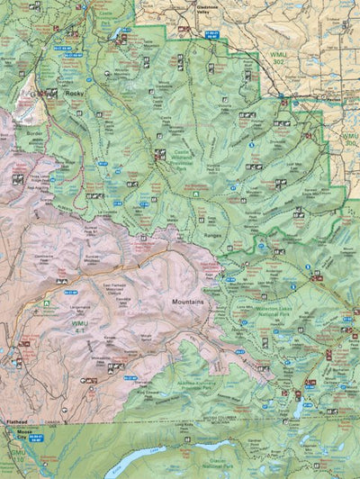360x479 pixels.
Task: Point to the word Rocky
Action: pos(75,92)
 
